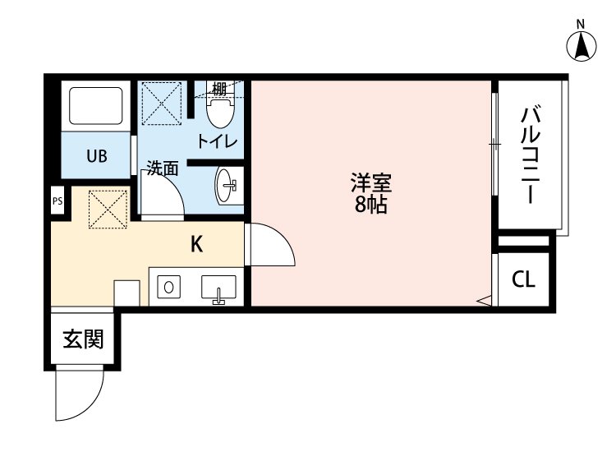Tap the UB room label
pyautogui.click(x=97, y=156)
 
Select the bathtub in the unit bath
pyautogui.click(x=97, y=105)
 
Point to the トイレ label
pyautogui.click(x=216, y=142)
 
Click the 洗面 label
pyautogui.click(x=163, y=168)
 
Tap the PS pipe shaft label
pyautogui.click(x=57, y=200)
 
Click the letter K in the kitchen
pyautogui.click(x=197, y=244)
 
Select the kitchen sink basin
pyautogui.click(x=218, y=289)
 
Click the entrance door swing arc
pyautogui.click(x=79, y=394)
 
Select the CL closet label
pyautogui.click(x=523, y=279)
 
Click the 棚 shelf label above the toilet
pyautogui.click(x=218, y=88)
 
